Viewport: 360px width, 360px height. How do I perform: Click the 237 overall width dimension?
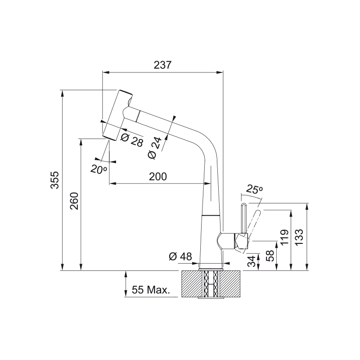(162, 65)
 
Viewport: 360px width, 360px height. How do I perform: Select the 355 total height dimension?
(54, 180)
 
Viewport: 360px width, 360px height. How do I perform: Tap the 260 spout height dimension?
(74, 201)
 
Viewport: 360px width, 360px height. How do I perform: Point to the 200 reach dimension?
(158, 176)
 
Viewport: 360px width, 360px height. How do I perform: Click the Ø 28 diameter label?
(131, 140)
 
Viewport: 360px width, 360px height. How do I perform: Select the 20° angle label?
(98, 169)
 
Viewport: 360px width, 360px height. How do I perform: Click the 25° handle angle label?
(255, 190)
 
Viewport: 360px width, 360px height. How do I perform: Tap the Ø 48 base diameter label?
(180, 256)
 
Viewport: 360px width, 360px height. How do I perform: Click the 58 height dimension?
(270, 256)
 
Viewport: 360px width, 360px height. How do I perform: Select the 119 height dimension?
(284, 238)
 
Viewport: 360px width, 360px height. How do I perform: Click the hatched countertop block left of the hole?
(190, 283)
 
